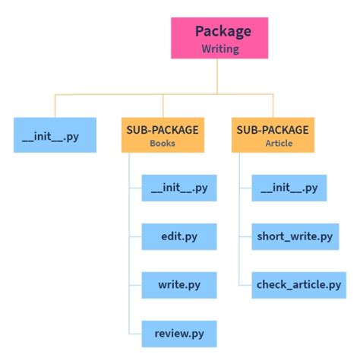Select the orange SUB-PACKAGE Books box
pyautogui.click(x=163, y=135)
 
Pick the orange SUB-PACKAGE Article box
pyautogui.click(x=273, y=135)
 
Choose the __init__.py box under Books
pyautogui.click(x=179, y=187)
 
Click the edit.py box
pyautogui.click(x=179, y=237)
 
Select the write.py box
pyautogui.click(x=179, y=286)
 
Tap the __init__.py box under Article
pyautogui.click(x=289, y=187)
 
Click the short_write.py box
pyautogui.click(x=295, y=237)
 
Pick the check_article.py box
pyautogui.click(x=298, y=286)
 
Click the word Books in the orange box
pyautogui.click(x=163, y=141)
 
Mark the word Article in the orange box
pyautogui.click(x=273, y=141)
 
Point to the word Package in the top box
pyautogui.click(x=223, y=31)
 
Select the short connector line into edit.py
pyautogui.click(x=136, y=237)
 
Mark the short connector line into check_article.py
pyautogui.click(x=246, y=286)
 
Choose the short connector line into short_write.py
pyautogui.click(x=246, y=237)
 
